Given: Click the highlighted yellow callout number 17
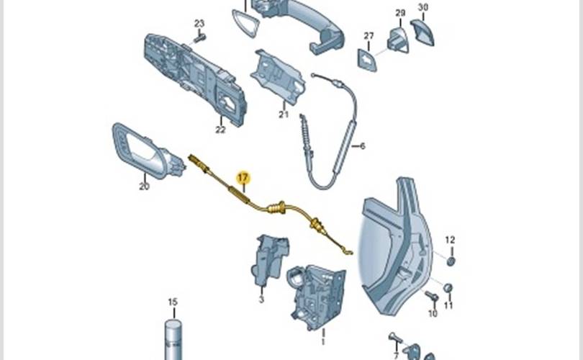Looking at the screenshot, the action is pyautogui.click(x=243, y=178).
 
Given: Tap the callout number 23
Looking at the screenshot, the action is pyautogui.click(x=199, y=24).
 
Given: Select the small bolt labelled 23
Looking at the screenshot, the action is pyautogui.click(x=200, y=38).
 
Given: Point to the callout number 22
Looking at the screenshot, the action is pyautogui.click(x=220, y=130).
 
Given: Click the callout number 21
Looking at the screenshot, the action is pyautogui.click(x=284, y=114).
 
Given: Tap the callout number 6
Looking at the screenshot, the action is pyautogui.click(x=363, y=146).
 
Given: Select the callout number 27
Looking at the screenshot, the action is pyautogui.click(x=369, y=36).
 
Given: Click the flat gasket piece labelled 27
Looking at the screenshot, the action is pyautogui.click(x=367, y=60).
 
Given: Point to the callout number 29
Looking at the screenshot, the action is pyautogui.click(x=400, y=13).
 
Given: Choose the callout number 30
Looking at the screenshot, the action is pyautogui.click(x=423, y=7).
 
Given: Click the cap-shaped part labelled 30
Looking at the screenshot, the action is pyautogui.click(x=422, y=32).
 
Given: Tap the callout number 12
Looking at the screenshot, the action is pyautogui.click(x=450, y=240).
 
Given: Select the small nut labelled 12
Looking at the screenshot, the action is pyautogui.click(x=451, y=261).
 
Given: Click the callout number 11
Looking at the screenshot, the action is pyautogui.click(x=448, y=306).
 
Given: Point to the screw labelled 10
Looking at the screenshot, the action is pyautogui.click(x=431, y=297).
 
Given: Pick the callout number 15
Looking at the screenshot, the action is pyautogui.click(x=173, y=302).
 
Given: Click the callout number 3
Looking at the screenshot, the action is pyautogui.click(x=261, y=299).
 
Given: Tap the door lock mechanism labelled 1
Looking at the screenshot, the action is pyautogui.click(x=316, y=297).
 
